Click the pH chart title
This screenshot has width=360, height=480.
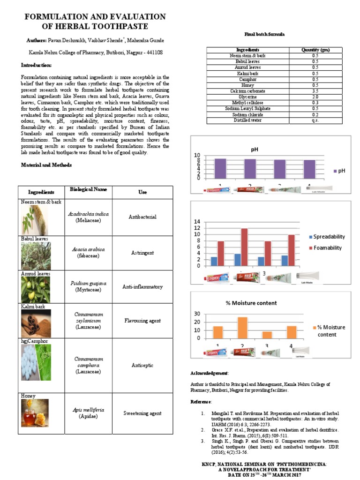click(x=254, y=150)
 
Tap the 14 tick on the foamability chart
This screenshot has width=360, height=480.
click(x=197, y=222)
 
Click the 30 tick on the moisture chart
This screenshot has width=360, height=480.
click(x=197, y=314)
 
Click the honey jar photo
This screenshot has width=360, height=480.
click(x=36, y=412)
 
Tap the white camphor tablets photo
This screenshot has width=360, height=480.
click(x=36, y=362)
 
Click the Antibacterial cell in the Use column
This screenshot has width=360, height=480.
click(x=142, y=217)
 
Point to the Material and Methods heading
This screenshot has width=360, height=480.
click(x=46, y=165)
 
